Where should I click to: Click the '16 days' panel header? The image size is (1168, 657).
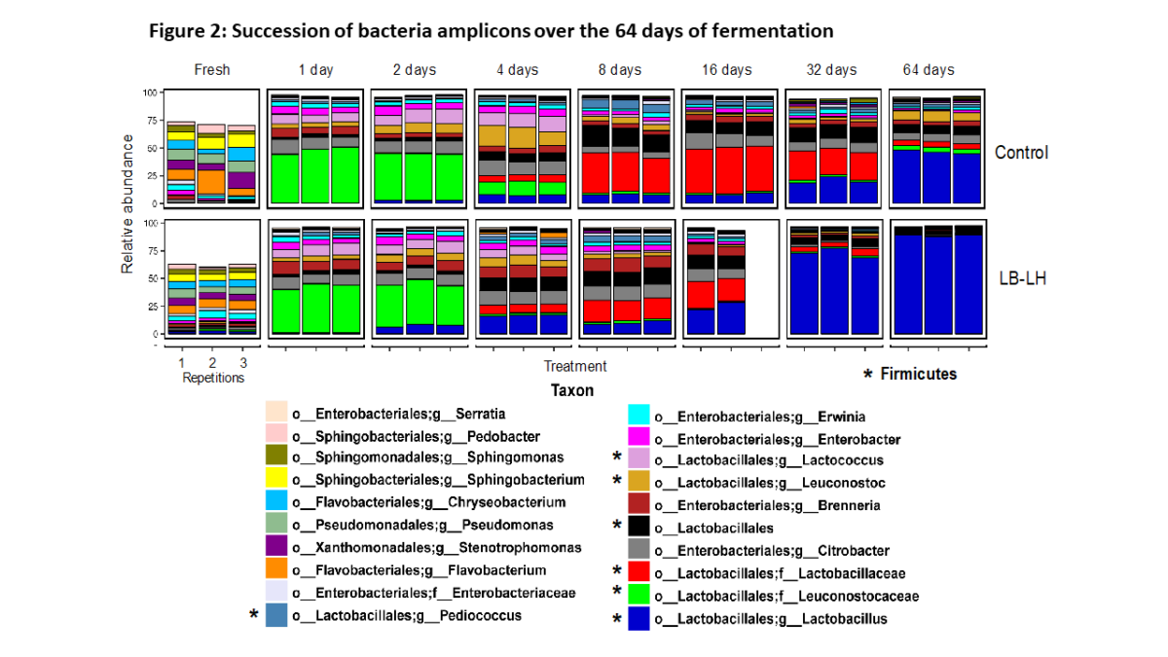point(727,70)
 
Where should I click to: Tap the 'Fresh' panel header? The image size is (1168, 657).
point(212,70)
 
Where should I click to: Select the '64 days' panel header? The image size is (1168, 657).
point(929,70)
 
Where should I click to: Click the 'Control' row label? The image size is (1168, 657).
point(1021,153)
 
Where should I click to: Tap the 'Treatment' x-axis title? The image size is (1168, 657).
point(575,366)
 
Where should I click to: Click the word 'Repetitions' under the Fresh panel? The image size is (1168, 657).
point(213,378)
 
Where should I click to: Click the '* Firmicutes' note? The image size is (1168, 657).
point(910,374)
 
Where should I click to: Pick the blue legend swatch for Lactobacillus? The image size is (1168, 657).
point(639,619)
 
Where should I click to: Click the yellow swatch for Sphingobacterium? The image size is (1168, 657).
point(276,480)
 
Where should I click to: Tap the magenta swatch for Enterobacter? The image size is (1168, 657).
point(639,440)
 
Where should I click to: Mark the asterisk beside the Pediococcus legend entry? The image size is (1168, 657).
point(255,615)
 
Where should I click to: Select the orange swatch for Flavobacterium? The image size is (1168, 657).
point(276,570)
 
